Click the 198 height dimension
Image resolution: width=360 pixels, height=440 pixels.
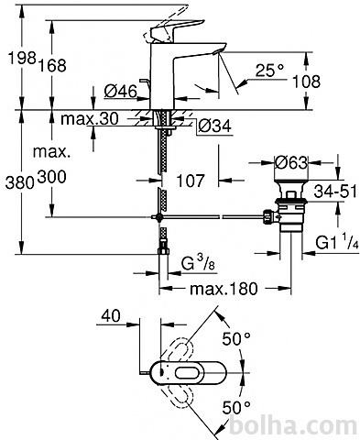coord(22,58)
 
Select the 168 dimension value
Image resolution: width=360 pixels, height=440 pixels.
coord(52,65)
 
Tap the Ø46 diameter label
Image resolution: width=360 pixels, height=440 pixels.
coord(121,91)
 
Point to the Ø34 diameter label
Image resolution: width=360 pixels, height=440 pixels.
coord(214,126)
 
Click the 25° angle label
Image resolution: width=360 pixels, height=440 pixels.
coord(269,71)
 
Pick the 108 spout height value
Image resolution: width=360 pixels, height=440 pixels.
coord(306,82)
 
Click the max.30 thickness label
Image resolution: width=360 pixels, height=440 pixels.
coord(90,118)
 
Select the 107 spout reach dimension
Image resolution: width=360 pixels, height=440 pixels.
coord(191,181)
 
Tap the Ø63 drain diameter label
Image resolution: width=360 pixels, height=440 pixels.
coord(291,162)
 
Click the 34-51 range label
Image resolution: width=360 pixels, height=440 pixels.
coord(335,192)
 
